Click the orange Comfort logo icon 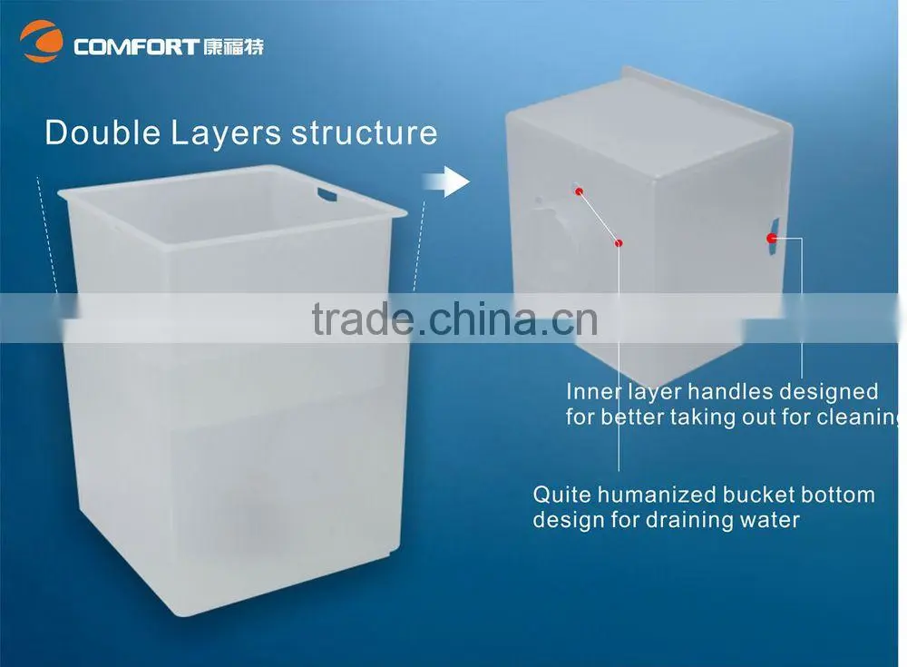click(42, 41)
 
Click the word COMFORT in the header click(137, 47)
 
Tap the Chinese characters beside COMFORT click(234, 46)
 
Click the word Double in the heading click(102, 132)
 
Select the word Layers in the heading click(226, 134)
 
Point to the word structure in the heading click(365, 132)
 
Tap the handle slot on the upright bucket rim click(327, 192)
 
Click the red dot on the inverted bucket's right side click(772, 238)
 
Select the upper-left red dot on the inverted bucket click(579, 191)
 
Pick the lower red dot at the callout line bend click(619, 243)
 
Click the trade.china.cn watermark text click(454, 319)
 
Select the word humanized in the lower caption click(657, 495)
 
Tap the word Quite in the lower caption click(562, 495)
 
